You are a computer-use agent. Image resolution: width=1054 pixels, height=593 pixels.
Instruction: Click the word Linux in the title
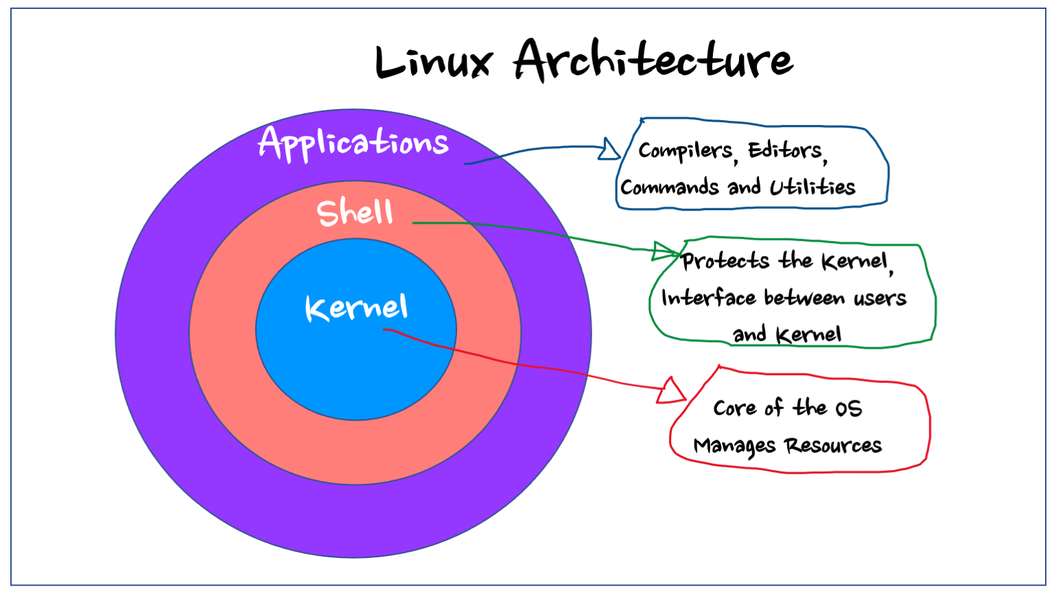pyautogui.click(x=434, y=62)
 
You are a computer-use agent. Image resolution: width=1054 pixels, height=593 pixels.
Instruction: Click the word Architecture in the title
pyautogui.click(x=653, y=60)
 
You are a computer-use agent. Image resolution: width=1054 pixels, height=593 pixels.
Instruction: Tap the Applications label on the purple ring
pyautogui.click(x=353, y=143)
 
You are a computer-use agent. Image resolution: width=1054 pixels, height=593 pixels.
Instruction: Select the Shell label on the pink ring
pyautogui.click(x=355, y=212)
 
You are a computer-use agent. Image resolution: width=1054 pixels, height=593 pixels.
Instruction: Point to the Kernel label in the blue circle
pyautogui.click(x=356, y=307)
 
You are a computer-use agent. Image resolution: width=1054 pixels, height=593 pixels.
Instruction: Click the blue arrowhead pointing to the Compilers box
pyautogui.click(x=609, y=149)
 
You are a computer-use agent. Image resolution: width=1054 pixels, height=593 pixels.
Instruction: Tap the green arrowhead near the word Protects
pyautogui.click(x=664, y=251)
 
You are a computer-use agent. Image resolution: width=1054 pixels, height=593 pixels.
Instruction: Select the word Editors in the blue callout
pyautogui.click(x=786, y=150)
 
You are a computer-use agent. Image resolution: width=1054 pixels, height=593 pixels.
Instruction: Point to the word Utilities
pyautogui.click(x=812, y=187)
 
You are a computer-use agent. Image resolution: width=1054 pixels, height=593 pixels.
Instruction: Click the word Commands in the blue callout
pyautogui.click(x=670, y=187)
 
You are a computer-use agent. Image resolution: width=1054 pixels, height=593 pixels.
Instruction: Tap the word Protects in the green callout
pyautogui.click(x=726, y=261)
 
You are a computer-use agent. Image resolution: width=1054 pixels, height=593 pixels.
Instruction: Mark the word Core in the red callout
pyautogui.click(x=735, y=408)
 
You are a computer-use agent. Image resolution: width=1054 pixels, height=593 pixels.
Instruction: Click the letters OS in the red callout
pyautogui.click(x=848, y=409)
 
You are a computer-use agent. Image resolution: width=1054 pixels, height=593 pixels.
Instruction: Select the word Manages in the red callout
pyautogui.click(x=734, y=446)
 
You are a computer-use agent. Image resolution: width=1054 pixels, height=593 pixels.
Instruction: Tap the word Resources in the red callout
pyautogui.click(x=834, y=446)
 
